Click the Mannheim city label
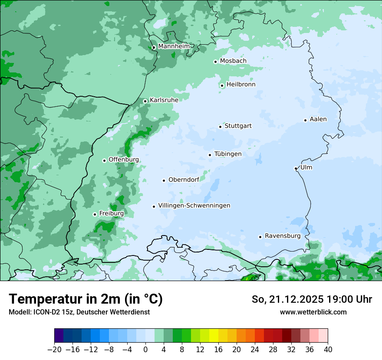pyautogui.click(x=174, y=46)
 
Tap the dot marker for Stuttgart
pyautogui.click(x=220, y=127)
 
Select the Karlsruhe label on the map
pyautogui.click(x=164, y=100)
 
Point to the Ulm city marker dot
pyautogui.click(x=296, y=168)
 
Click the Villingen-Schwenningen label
pyautogui.click(x=194, y=206)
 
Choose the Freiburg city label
pyautogui.click(x=111, y=213)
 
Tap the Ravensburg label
pyautogui.click(x=283, y=236)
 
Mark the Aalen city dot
pyautogui.click(x=305, y=120)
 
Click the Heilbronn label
pyautogui.click(x=241, y=85)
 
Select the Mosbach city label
pyautogui.click(x=233, y=61)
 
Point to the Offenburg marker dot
pyautogui.click(x=104, y=160)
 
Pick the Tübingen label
pyautogui.click(x=228, y=154)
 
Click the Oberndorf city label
pyautogui.click(x=184, y=180)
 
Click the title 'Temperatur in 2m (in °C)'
pyautogui.click(x=86, y=299)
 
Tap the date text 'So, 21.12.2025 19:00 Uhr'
pyautogui.click(x=312, y=299)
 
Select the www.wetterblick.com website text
pyautogui.click(x=313, y=312)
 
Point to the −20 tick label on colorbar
pyautogui.click(x=54, y=350)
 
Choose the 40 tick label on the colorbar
pyautogui.click(x=328, y=350)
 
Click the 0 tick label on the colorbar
pyautogui.click(x=145, y=350)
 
